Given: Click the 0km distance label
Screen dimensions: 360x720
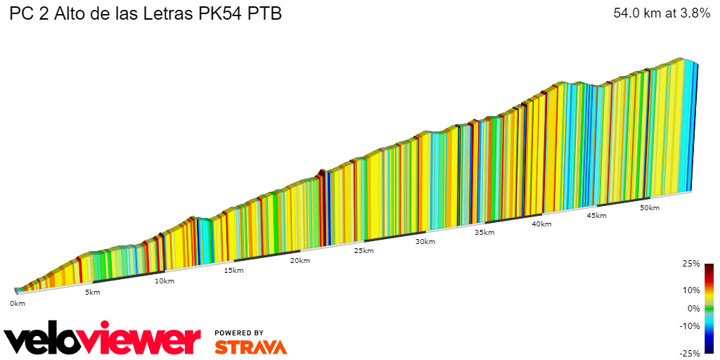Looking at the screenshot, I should click(18, 304).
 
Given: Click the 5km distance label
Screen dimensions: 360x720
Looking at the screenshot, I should click(92, 292).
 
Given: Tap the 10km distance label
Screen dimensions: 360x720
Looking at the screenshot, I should click(164, 281).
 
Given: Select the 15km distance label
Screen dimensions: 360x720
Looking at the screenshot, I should click(233, 271).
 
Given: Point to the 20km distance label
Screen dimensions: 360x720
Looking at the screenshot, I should click(300, 261).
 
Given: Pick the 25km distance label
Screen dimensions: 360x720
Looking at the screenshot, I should click(364, 251).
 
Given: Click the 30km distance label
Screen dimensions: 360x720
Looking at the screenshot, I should click(425, 242).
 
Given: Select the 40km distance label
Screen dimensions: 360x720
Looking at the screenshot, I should click(541, 224).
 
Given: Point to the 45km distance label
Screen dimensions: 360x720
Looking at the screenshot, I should click(596, 216).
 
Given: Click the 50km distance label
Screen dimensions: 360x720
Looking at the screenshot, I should click(650, 208).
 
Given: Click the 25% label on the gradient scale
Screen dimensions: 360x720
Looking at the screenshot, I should click(691, 264).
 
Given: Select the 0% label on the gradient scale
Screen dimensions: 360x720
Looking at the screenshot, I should click(693, 308).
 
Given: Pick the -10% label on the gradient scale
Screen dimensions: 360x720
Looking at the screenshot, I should click(690, 326).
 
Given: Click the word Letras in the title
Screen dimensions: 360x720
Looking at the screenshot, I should click(176, 14).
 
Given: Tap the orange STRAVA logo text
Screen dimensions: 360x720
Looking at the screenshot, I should click(250, 347).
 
